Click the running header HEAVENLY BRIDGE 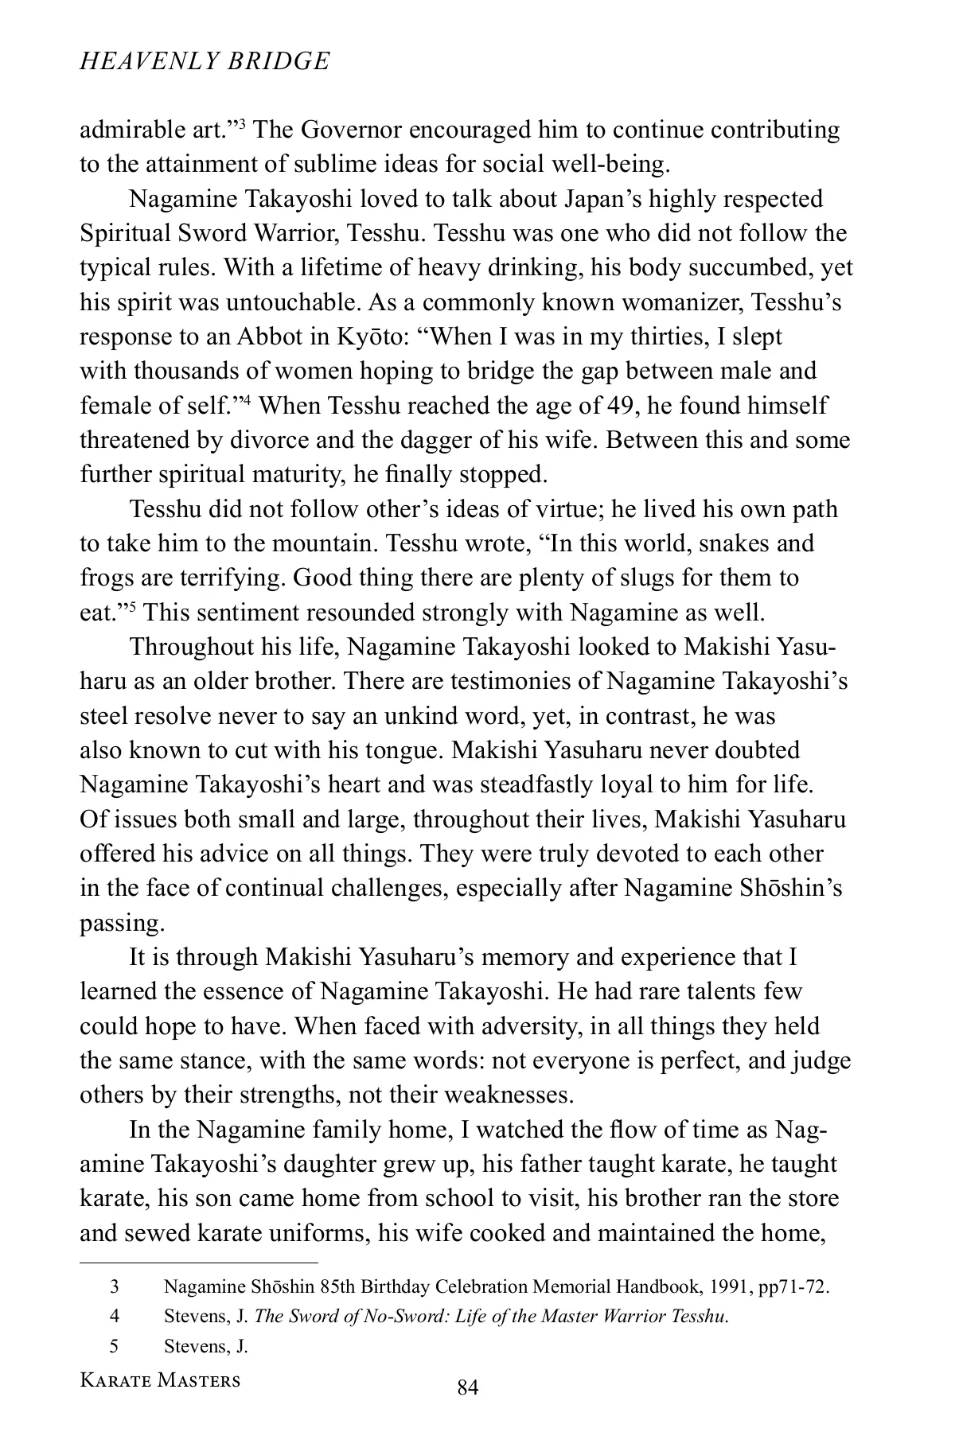coord(205,61)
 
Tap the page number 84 coord(467,1388)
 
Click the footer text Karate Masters coord(160,1380)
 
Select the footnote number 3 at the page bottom coord(114,1286)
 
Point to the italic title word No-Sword coord(405,1317)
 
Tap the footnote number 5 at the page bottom coord(114,1346)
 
